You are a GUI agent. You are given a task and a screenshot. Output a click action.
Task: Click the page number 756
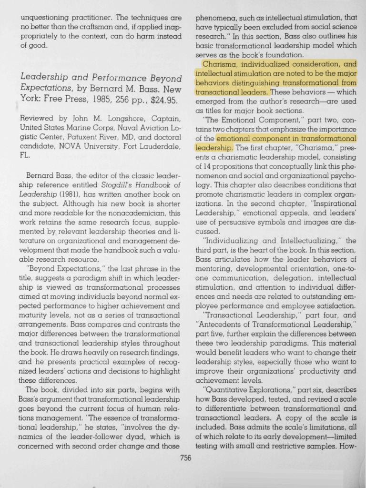(185, 458)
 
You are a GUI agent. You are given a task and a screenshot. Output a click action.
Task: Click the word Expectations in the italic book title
(43, 89)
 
